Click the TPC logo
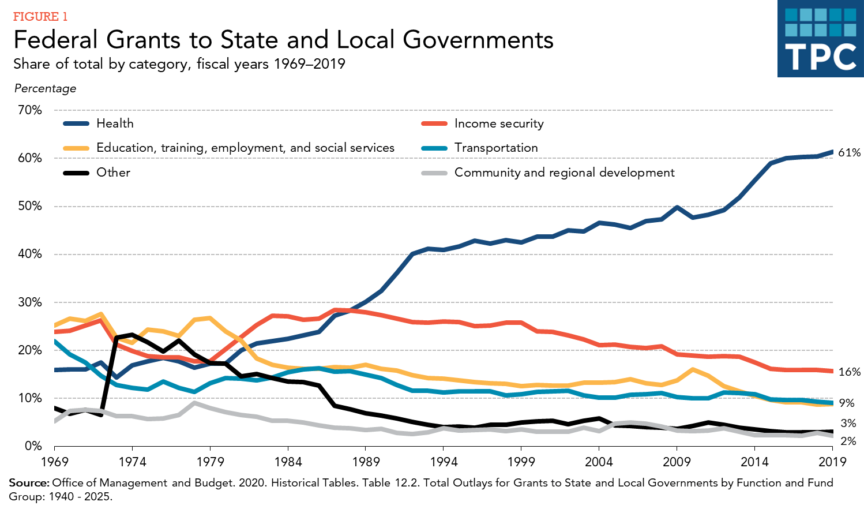point(820,39)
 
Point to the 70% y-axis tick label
point(30,110)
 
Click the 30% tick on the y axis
point(30,302)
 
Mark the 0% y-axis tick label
point(33,446)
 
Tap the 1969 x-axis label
point(55,462)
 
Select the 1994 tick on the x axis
point(444,462)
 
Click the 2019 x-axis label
point(832,462)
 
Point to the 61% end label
point(849,153)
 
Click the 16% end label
point(849,372)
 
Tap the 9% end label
point(847,403)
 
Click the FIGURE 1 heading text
point(40,17)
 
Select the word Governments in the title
point(478,40)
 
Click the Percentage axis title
point(45,88)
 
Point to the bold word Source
point(29,483)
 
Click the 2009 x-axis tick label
point(677,462)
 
